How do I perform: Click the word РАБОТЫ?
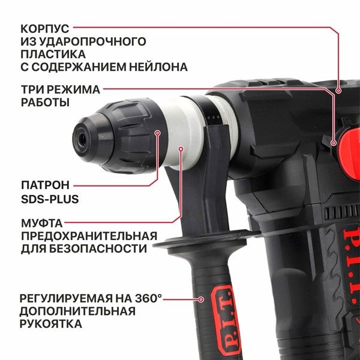(x=45, y=103)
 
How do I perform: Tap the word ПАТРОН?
(x=45, y=184)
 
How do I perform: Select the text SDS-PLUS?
(x=50, y=198)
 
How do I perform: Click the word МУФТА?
(x=41, y=222)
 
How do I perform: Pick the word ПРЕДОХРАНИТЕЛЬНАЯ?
(x=89, y=235)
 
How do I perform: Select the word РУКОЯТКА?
(x=51, y=323)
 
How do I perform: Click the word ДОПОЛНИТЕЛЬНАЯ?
(x=77, y=310)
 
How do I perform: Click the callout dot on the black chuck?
(x=158, y=134)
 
